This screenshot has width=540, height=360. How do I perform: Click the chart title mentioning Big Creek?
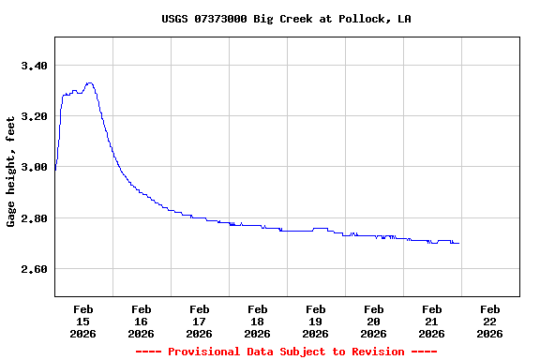pyautogui.click(x=286, y=19)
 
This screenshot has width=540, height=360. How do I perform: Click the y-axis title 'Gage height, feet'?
pyautogui.click(x=11, y=171)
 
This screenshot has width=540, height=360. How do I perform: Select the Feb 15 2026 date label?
pyautogui.click(x=83, y=321)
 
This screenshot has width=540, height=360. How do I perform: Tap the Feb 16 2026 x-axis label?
pyautogui.click(x=142, y=321)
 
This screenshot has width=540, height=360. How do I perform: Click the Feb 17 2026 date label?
pyautogui.click(x=200, y=321)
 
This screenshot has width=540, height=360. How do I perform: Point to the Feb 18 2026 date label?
pyautogui.click(x=258, y=321)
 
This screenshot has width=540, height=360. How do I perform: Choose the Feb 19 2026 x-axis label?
pyautogui.click(x=316, y=321)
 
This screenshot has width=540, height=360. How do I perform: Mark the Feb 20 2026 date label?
pyautogui.click(x=374, y=321)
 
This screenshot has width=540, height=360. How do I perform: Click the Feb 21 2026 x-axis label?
pyautogui.click(x=432, y=321)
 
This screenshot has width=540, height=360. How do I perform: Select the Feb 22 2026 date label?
pyautogui.click(x=490, y=321)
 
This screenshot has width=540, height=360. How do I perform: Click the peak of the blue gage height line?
pyautogui.click(x=89, y=83)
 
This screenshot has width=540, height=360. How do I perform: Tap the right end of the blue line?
pyautogui.click(x=459, y=243)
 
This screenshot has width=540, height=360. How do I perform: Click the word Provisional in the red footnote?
pyautogui.click(x=207, y=352)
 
